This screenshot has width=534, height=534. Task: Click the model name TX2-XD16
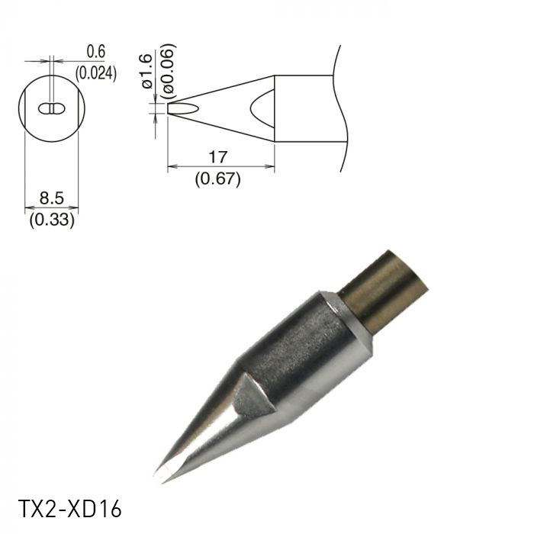point(69,509)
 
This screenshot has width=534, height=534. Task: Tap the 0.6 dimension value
point(95,52)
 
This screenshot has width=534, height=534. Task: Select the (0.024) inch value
point(95,74)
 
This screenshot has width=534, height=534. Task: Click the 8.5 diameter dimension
point(51,198)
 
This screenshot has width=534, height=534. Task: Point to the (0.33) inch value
point(51,222)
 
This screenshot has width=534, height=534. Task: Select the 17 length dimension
point(217,157)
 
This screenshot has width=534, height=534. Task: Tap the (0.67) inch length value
point(217,180)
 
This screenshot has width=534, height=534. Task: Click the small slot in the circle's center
point(51,109)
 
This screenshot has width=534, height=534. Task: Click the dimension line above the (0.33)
point(51,207)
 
